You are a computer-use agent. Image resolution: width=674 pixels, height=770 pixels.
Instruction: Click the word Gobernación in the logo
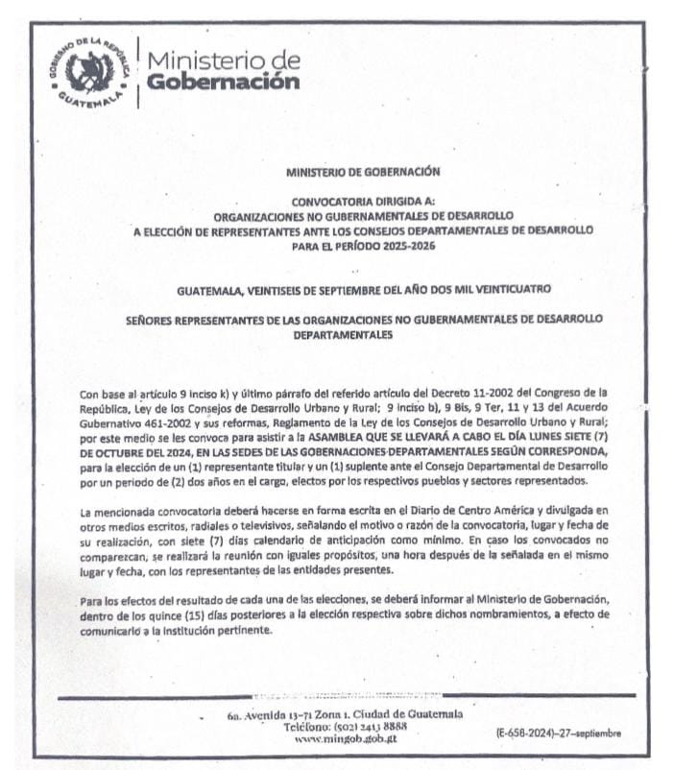[x=222, y=83]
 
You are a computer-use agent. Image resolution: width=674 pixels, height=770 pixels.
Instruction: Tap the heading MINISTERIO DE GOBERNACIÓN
[x=362, y=172]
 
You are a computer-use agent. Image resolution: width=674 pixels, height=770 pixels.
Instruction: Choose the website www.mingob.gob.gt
[x=346, y=738]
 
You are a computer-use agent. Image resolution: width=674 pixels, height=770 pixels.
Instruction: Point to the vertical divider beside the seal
[x=137, y=71]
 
